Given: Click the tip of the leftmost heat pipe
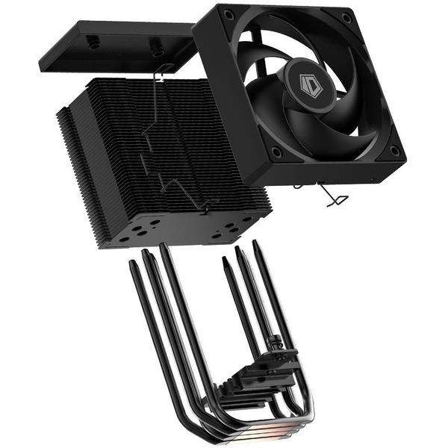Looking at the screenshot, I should coord(133,267).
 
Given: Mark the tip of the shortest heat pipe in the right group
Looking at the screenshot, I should coord(225,261).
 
